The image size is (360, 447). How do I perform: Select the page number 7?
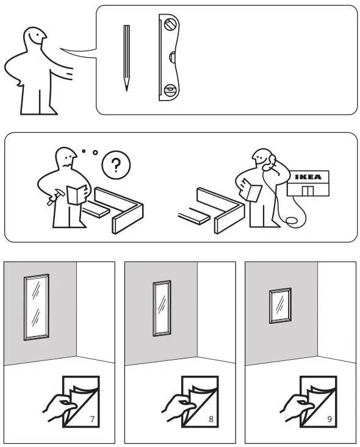[92, 419]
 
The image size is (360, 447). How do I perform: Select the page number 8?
[211, 419]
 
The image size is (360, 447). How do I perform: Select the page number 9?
[330, 419]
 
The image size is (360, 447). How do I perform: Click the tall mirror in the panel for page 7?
[36, 307]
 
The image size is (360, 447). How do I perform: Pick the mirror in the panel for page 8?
[162, 308]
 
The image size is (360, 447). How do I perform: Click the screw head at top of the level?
[170, 26]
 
